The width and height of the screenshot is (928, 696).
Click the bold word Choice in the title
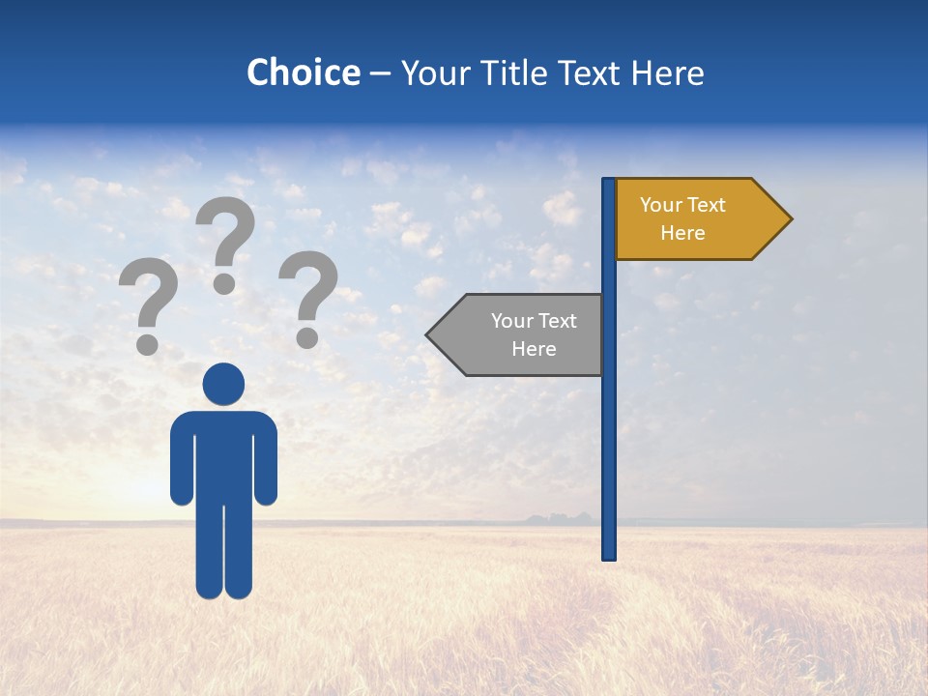coord(303,72)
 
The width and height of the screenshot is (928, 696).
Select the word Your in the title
coord(433,72)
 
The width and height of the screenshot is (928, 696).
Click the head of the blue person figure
coord(223,384)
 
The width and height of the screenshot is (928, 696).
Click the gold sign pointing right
coord(696,219)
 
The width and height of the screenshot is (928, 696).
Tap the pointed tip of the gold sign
coord(788,219)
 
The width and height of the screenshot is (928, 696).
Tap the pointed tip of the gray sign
coord(430,334)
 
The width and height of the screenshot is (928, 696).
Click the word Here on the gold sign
coord(682,233)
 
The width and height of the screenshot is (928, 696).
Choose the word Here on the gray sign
coord(534,349)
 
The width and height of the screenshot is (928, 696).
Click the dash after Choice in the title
coord(380,72)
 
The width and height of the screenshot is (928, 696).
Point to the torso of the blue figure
coord(223,454)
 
